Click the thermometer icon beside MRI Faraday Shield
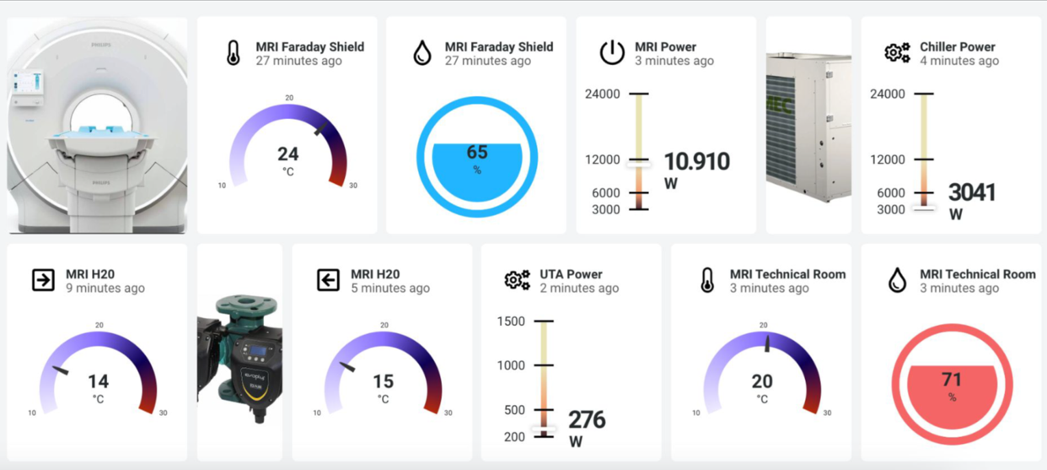(234, 53)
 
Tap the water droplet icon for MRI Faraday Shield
(422, 53)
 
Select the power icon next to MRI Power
(612, 53)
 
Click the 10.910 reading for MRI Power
(697, 162)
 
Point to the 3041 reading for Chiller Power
(972, 193)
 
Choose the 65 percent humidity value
(477, 153)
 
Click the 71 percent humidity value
(953, 380)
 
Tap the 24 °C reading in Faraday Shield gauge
(288, 154)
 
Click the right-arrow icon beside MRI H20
(43, 280)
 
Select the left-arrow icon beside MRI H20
(328, 280)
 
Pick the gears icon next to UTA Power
(518, 280)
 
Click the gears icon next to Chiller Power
(897, 53)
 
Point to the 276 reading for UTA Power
(587, 420)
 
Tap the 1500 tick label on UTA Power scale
(511, 321)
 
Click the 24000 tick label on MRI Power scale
(603, 94)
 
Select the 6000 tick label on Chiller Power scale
(888, 193)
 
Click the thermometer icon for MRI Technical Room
(707, 280)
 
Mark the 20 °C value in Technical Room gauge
(762, 382)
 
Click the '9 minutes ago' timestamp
(105, 289)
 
